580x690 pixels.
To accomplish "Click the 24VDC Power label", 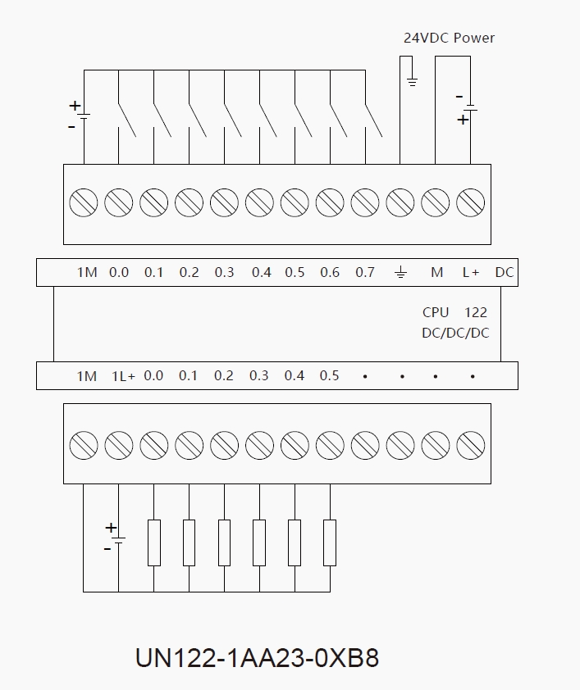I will click(x=449, y=38).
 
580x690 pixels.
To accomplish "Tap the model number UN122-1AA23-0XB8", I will click(x=257, y=658).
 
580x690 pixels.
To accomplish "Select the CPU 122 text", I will click(x=454, y=312).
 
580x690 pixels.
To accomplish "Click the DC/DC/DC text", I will click(x=454, y=333).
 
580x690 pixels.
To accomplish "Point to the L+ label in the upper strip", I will click(x=470, y=272).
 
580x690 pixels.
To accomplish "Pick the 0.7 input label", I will click(x=365, y=272).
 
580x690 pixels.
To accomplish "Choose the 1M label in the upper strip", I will click(x=87, y=272).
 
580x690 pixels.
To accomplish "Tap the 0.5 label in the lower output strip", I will click(x=329, y=376).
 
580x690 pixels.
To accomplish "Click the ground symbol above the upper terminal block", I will click(x=412, y=81).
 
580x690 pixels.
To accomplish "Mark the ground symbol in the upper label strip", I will click(x=400, y=272).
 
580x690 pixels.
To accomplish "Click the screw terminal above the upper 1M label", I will click(x=84, y=202).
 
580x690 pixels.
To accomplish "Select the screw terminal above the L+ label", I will click(x=470, y=202).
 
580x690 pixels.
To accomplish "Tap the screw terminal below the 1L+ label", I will click(x=119, y=446).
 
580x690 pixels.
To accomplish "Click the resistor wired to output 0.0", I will click(x=154, y=542).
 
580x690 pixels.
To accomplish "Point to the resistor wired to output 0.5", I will click(x=330, y=542).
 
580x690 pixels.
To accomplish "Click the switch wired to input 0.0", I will click(x=127, y=120).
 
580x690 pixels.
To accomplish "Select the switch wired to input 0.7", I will click(x=374, y=120).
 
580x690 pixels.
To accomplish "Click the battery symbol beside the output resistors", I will click(x=118, y=538).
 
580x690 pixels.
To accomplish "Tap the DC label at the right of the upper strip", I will click(x=505, y=272).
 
